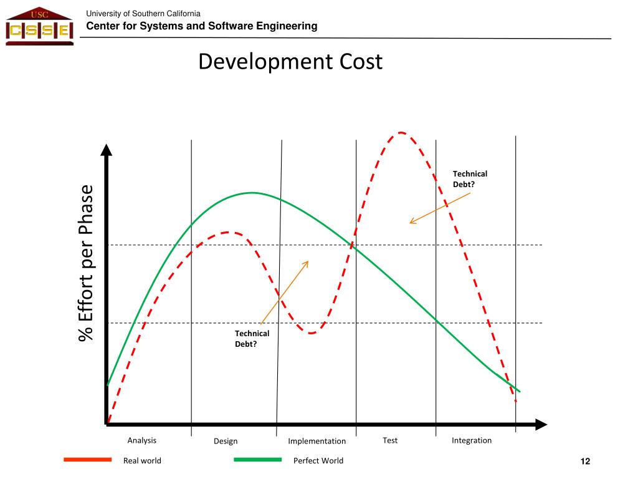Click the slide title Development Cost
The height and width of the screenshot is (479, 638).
(290, 62)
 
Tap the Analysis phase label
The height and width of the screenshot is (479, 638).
(142, 440)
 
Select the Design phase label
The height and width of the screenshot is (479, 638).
(226, 441)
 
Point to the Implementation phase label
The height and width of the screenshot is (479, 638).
(317, 441)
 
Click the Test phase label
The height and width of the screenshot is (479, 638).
(390, 440)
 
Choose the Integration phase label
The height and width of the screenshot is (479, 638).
(472, 440)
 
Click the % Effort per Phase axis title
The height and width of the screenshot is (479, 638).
(85, 263)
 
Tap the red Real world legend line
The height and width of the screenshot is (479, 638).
(88, 460)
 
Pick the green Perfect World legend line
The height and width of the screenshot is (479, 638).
(258, 460)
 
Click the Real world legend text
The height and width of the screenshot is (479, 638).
(142, 461)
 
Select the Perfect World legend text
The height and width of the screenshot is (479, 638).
(318, 461)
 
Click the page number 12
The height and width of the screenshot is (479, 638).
(585, 461)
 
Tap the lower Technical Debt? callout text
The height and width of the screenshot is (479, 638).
(252, 339)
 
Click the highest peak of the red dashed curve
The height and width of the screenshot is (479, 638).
(401, 132)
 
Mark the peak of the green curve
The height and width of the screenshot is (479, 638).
(252, 193)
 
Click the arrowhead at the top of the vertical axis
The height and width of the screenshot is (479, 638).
(107, 150)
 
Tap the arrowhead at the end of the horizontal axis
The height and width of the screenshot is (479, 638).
(541, 425)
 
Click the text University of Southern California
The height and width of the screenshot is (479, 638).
(143, 14)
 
